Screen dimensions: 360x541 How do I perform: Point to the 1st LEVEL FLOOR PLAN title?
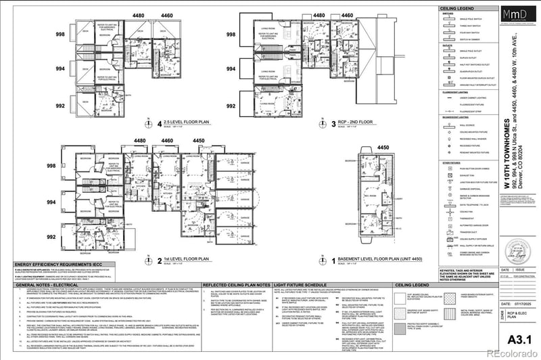pyautogui.click(x=190, y=259)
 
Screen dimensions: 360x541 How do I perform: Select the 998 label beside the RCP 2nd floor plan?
pyautogui.click(x=231, y=35)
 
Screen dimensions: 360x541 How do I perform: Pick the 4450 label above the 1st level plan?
pyautogui.click(x=199, y=141)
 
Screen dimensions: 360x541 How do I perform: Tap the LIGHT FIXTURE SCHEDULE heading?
pyautogui.click(x=302, y=286)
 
